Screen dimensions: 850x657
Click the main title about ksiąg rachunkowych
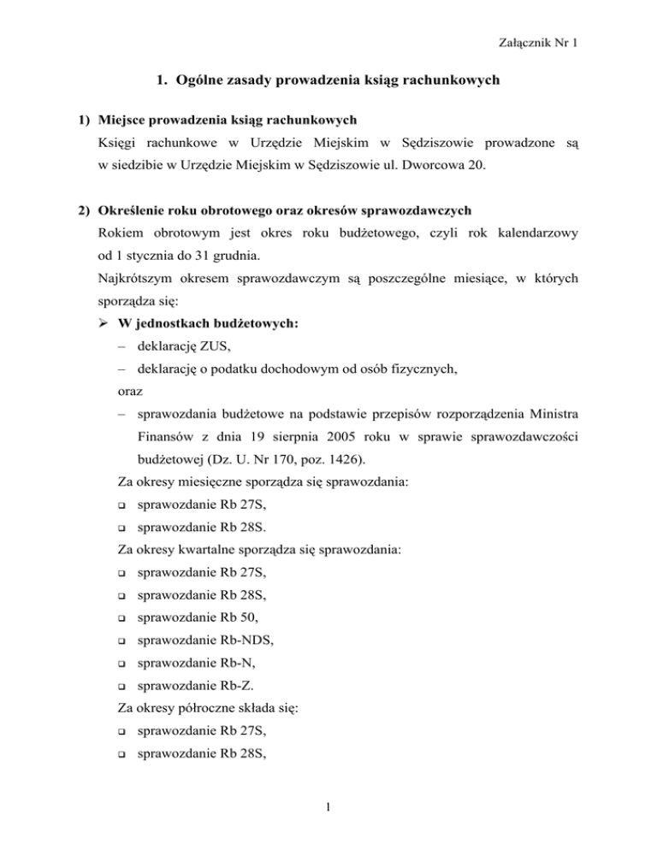(x=328, y=83)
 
